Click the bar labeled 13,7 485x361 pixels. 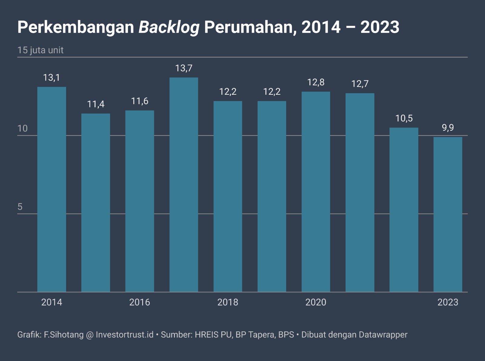184,185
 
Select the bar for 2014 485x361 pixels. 52,189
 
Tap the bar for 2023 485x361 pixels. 448,214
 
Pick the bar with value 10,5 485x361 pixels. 404,209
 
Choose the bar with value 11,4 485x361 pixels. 95,203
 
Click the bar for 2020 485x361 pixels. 316,192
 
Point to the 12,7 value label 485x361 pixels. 360,84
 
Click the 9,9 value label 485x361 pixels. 448,128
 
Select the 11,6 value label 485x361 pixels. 139,101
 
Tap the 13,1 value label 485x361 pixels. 52,78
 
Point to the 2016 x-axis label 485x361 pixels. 139,302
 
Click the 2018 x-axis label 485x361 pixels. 228,302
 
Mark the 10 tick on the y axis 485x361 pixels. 22,128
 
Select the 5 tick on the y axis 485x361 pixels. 20,207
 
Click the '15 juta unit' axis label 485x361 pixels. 40,50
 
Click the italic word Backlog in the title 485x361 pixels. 169,27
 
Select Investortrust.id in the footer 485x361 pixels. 125,335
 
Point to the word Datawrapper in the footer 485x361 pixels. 383,335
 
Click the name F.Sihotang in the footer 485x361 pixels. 64,335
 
